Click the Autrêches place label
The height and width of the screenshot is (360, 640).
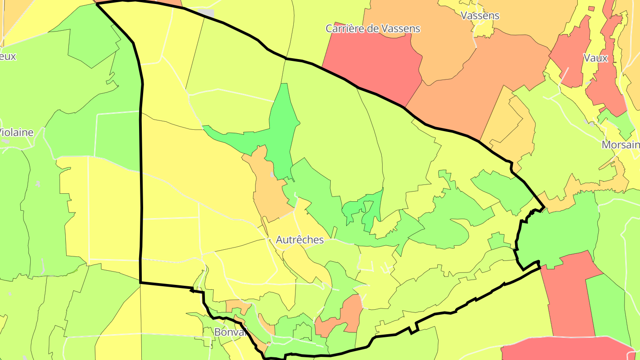click(300, 240)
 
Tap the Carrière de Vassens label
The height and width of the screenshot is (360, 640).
click(372, 29)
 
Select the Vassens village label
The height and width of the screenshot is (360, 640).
click(480, 16)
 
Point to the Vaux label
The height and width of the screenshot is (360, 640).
click(595, 58)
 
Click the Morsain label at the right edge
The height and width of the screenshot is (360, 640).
click(620, 145)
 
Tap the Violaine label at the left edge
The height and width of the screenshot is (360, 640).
click(16, 132)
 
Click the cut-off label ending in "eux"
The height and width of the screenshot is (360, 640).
click(8, 56)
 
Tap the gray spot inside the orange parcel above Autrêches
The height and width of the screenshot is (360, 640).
click(272, 175)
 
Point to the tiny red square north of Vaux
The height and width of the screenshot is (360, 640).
click(591, 8)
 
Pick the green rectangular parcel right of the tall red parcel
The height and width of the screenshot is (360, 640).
click(609, 307)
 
